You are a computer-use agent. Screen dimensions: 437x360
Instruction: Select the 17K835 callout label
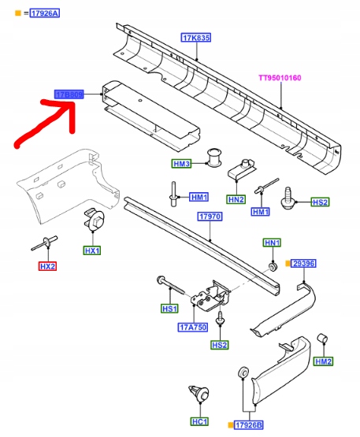click(196, 38)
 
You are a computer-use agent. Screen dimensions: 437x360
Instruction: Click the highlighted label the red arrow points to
click(69, 94)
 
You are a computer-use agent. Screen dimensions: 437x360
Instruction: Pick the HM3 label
click(182, 164)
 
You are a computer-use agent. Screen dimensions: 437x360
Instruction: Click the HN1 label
click(273, 243)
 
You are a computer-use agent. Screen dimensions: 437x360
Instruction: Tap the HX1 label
click(93, 250)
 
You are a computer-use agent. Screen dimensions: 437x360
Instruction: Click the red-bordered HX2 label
click(49, 268)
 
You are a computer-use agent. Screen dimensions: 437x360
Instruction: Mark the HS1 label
click(170, 309)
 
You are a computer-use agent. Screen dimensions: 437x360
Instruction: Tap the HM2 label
click(323, 361)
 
